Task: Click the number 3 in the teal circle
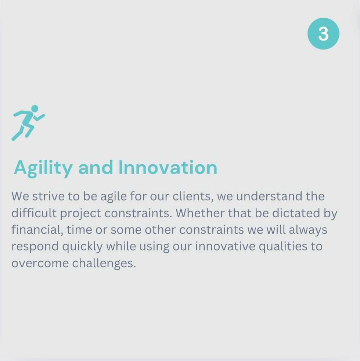[323, 34]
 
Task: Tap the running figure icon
[28, 123]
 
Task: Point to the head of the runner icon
[35, 109]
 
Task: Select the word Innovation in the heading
[168, 167]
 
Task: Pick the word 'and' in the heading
[96, 167]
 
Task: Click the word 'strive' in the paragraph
[48, 196]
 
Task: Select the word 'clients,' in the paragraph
[193, 196]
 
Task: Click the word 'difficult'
[34, 213]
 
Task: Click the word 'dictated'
[296, 213]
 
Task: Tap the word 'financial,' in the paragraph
[37, 230]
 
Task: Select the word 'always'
[308, 230]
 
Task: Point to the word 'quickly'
[82, 247]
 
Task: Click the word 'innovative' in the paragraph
[225, 246]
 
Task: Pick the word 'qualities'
[283, 247]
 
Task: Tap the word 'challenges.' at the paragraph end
[104, 263]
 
